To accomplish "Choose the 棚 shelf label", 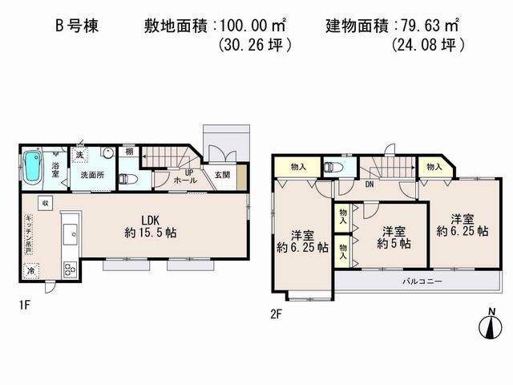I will [x=129, y=152].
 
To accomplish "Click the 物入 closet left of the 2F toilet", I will [x=297, y=167].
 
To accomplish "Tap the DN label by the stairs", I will [x=370, y=184].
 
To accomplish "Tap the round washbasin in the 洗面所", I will [x=108, y=155].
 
